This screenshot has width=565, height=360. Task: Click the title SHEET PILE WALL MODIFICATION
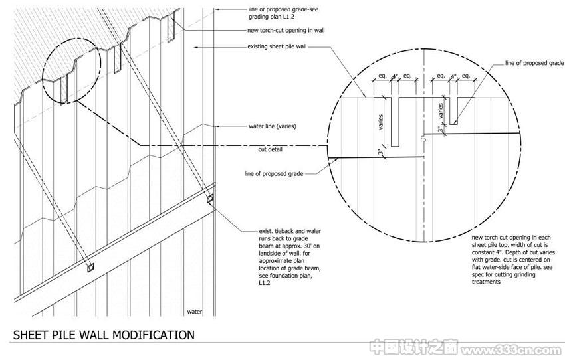click(x=104, y=335)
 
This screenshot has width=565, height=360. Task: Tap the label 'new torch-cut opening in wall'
click(x=286, y=31)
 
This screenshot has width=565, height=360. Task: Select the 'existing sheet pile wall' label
click(x=277, y=46)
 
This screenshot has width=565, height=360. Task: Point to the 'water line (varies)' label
click(x=273, y=126)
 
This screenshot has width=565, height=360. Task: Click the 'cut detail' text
click(x=271, y=149)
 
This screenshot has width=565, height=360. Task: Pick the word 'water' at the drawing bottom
click(x=195, y=312)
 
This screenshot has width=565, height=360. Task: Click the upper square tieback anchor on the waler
click(x=209, y=199)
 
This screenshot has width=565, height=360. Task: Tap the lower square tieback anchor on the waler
click(x=90, y=268)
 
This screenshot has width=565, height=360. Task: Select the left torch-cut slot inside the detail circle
click(x=395, y=122)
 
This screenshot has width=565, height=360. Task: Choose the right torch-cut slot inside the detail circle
click(x=453, y=110)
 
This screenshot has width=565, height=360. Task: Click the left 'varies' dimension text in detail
click(x=381, y=122)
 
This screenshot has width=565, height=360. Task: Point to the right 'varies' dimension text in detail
click(x=440, y=111)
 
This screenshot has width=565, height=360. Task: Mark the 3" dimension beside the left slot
click(x=381, y=153)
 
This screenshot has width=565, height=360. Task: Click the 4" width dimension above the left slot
click(x=395, y=76)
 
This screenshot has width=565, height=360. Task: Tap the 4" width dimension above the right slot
click(x=453, y=76)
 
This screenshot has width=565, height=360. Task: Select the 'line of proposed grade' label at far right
click(x=534, y=63)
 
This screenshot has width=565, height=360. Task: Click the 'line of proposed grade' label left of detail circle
click(x=274, y=174)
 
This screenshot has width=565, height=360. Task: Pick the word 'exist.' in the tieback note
click(x=266, y=231)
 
